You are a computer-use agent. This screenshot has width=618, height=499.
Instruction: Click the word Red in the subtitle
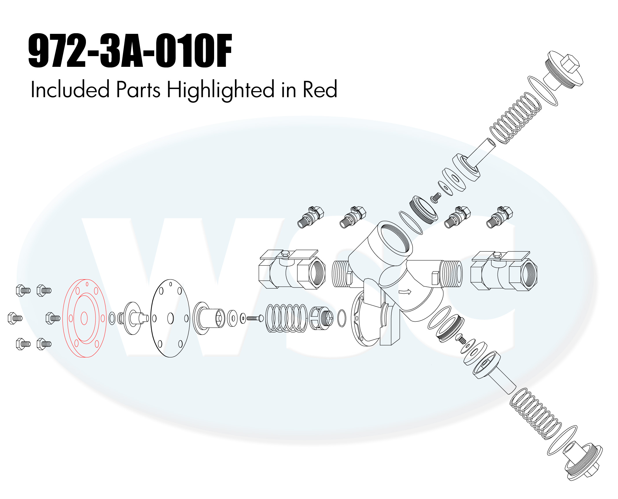pyautogui.click(x=320, y=89)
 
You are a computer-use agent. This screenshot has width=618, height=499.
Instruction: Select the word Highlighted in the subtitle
pyautogui.click(x=220, y=90)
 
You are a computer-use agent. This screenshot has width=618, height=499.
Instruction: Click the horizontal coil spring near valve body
pyautogui.click(x=286, y=318)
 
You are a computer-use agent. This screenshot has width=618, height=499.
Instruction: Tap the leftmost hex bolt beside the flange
pyautogui.click(x=15, y=318)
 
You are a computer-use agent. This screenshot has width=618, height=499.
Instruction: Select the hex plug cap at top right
pyautogui.click(x=563, y=69)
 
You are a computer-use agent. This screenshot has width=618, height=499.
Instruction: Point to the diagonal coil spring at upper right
pyautogui.click(x=516, y=118)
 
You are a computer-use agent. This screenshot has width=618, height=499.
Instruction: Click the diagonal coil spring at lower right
pyautogui.click(x=536, y=414)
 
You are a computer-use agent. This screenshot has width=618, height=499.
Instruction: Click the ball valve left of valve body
pyautogui.click(x=292, y=270)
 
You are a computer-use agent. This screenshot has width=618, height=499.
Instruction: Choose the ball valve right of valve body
pyautogui.click(x=504, y=271)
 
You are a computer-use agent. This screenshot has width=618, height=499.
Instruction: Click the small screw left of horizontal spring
pyautogui.click(x=255, y=318)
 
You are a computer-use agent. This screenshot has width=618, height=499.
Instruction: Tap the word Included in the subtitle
pyautogui.click(x=70, y=89)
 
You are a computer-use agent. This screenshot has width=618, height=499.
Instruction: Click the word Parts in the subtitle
pyautogui.click(x=138, y=90)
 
